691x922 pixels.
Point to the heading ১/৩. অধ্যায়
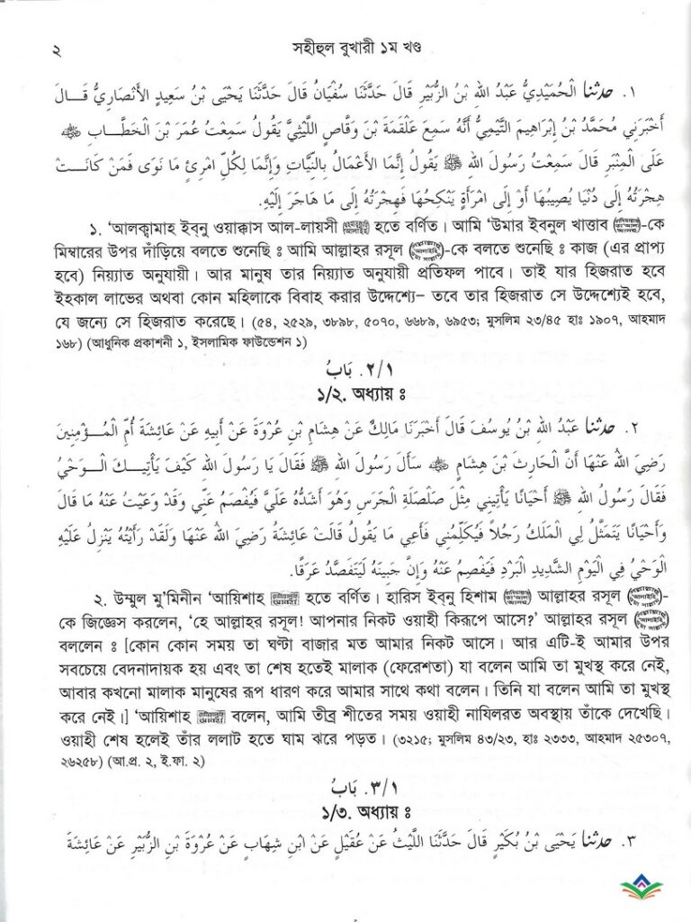point(345,813)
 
